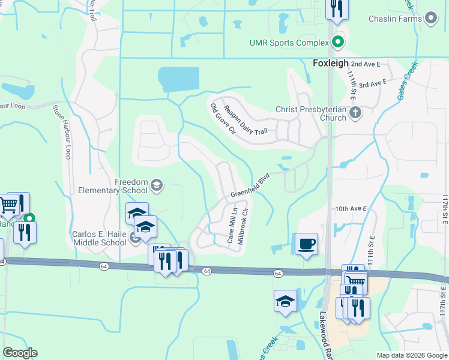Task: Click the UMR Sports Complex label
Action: (x=289, y=43)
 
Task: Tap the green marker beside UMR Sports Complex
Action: (x=337, y=43)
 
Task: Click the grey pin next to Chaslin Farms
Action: (x=431, y=19)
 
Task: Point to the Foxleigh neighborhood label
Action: (x=330, y=63)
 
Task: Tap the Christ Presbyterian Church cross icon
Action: (x=355, y=112)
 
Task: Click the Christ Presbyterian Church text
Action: (x=310, y=113)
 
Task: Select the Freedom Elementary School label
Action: (x=112, y=186)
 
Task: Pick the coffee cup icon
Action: (x=306, y=244)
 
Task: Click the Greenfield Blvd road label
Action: (x=250, y=186)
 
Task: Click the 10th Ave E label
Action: (x=351, y=208)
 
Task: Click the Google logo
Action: (x=20, y=353)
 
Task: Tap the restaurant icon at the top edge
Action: (x=336, y=9)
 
